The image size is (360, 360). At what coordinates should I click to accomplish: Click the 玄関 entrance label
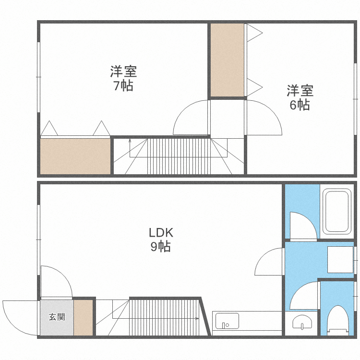tap(57, 317)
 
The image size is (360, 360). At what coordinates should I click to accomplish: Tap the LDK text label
tap(160, 233)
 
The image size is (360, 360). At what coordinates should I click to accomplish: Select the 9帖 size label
tap(160, 247)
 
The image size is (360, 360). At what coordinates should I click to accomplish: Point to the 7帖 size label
tap(123, 86)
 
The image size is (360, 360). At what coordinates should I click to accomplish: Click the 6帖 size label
tap(300, 105)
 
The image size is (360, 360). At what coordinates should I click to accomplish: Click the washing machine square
tap(340, 259)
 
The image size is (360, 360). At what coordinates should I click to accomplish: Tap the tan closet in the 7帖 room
tap(75, 156)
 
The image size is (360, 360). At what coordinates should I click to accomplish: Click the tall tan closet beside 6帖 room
tap(227, 60)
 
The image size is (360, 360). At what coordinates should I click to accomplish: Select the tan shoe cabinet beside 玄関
tap(83, 318)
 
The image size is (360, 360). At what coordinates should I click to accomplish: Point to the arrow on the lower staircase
tap(197, 318)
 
